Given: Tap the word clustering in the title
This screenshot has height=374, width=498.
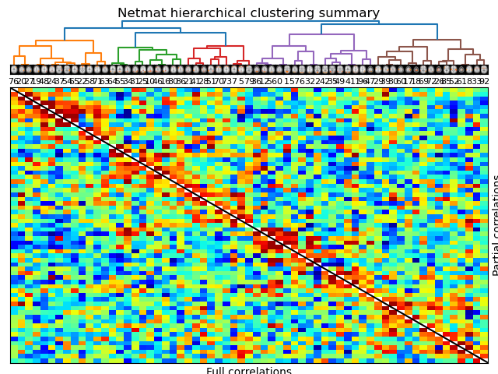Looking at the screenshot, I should pos(275,13).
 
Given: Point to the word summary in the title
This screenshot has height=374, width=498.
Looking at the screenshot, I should pos(346,13).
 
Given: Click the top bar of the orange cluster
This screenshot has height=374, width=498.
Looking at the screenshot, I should pos(64,41).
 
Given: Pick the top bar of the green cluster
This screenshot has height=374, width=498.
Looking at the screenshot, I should pos(135,48).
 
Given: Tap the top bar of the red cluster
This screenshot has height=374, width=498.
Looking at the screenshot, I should pos(225,46).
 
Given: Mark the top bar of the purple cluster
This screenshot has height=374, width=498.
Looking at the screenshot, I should pos(321,34).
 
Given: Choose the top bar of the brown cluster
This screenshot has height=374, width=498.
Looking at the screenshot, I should pos(437,40).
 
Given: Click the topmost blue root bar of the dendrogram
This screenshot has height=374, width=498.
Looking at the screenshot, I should pos(251,24).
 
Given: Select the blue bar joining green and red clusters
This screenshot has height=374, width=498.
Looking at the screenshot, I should pos(181,33).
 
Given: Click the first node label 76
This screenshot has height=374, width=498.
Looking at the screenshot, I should pos(14,81).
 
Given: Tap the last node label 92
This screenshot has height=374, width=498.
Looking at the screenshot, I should pos(484,81).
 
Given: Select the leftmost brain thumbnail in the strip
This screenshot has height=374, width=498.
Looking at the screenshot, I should pos(14,69).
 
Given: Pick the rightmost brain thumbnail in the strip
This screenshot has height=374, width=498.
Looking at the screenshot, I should pos(484,69).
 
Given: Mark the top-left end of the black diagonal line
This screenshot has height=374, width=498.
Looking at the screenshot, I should pos(11,88).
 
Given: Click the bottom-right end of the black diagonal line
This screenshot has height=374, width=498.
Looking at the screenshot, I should pos(487,362).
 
